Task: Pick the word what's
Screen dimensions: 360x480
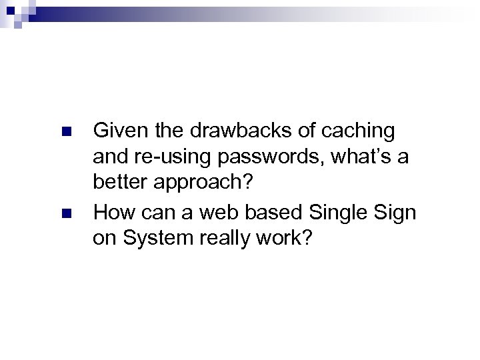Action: (370, 159)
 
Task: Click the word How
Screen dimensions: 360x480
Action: (113, 213)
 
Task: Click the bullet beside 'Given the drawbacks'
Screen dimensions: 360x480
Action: (65, 131)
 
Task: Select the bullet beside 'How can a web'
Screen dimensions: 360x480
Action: (65, 214)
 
